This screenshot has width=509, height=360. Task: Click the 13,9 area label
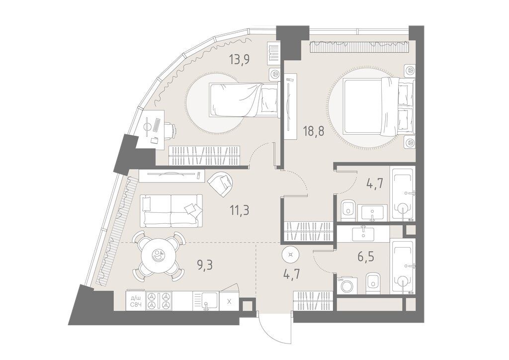(x=239, y=60)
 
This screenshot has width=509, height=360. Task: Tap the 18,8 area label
(x=314, y=132)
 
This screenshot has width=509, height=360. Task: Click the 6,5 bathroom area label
(x=366, y=257)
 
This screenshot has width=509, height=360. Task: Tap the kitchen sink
(x=205, y=301)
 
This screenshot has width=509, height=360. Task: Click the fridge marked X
(x=229, y=301)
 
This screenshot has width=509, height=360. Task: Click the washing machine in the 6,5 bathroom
(x=347, y=286)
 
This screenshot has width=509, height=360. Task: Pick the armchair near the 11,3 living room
(x=221, y=183)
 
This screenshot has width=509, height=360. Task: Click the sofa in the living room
(x=171, y=211)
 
